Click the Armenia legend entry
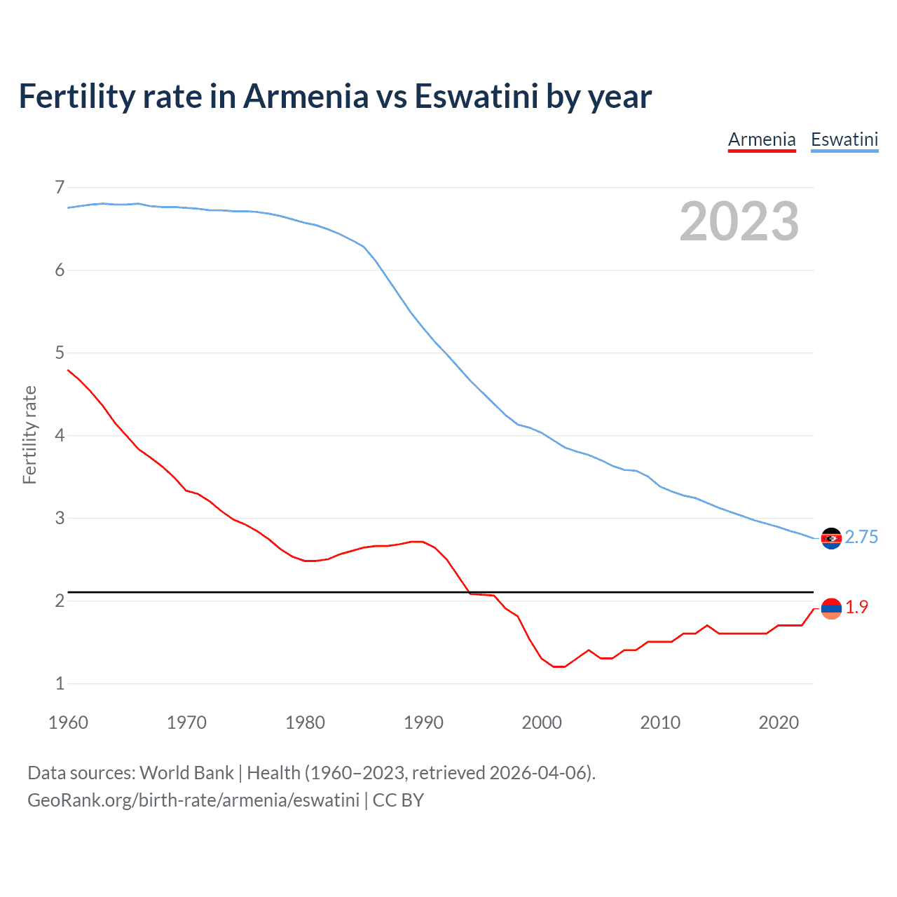click(762, 139)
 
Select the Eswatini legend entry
click(844, 139)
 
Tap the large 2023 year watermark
click(739, 221)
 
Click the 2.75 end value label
click(861, 537)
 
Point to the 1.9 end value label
click(856, 607)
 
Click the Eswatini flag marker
click(831, 538)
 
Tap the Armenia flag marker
click(831, 608)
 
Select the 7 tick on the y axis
click(60, 187)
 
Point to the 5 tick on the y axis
click(60, 352)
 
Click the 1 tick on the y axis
click(60, 683)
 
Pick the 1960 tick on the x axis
click(68, 723)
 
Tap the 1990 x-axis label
click(423, 723)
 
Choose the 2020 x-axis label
click(779, 723)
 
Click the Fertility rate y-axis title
click(29, 434)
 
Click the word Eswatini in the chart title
click(476, 96)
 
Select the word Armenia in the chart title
click(306, 96)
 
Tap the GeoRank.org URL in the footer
click(193, 800)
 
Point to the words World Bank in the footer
click(186, 772)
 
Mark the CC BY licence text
click(398, 800)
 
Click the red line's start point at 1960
click(68, 370)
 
